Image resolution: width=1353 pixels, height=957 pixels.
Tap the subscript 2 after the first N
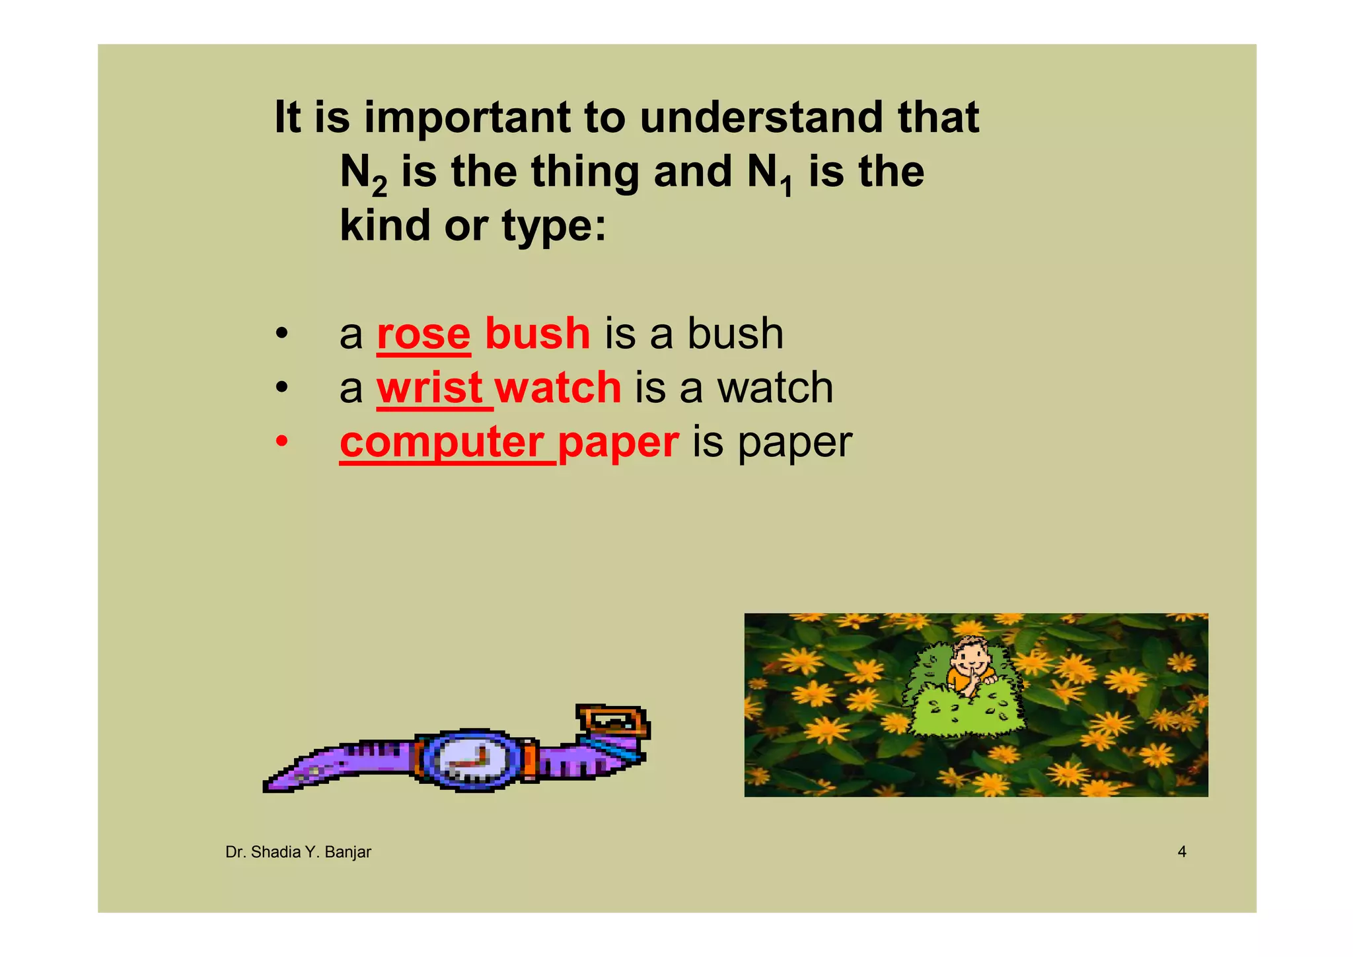[379, 187]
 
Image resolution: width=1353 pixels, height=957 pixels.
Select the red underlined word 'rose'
[423, 334]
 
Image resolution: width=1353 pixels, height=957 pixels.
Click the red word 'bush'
[537, 334]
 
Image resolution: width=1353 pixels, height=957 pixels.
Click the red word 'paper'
[618, 443]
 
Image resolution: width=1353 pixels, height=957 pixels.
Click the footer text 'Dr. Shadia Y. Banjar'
[298, 852]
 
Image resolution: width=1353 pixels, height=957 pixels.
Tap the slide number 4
[1182, 852]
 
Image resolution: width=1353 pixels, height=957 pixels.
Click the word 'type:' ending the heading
[554, 227]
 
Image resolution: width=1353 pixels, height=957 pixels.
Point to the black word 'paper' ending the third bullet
[795, 443]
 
